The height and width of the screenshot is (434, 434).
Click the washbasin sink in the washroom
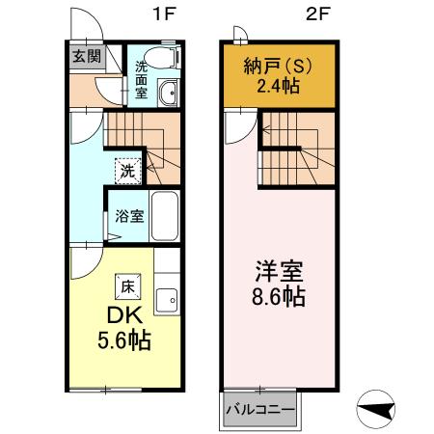coord(170,94)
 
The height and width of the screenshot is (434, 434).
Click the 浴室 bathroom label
coord(129,215)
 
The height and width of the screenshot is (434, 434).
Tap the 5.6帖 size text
coord(122,340)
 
